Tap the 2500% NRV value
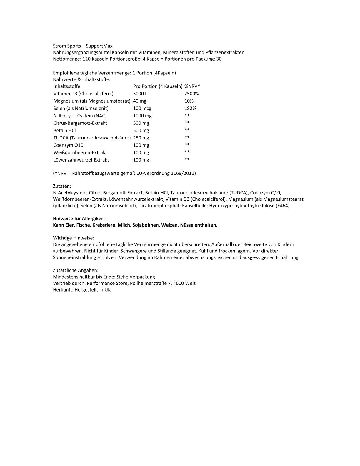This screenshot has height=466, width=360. [191, 94]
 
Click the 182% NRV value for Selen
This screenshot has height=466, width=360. [190, 108]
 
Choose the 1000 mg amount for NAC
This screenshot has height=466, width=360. [142, 116]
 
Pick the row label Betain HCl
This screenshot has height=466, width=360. [64, 130]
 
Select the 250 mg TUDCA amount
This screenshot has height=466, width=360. [141, 138]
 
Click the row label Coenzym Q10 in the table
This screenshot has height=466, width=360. [68, 145]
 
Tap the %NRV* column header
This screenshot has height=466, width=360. [192, 86]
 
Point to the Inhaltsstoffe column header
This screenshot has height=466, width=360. [67, 86]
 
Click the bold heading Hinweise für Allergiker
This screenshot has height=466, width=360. [79, 219]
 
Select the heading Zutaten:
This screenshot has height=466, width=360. [62, 186]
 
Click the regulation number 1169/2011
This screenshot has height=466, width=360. [183, 173]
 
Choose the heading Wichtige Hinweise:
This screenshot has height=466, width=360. [73, 238]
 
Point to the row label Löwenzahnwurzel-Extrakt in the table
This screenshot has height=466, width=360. [81, 160]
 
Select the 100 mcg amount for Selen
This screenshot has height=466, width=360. [142, 108]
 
